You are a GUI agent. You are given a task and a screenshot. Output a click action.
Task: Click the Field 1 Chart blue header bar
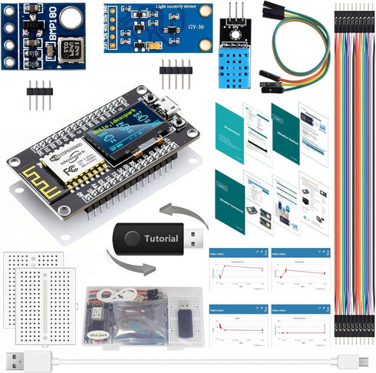click(239, 252)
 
